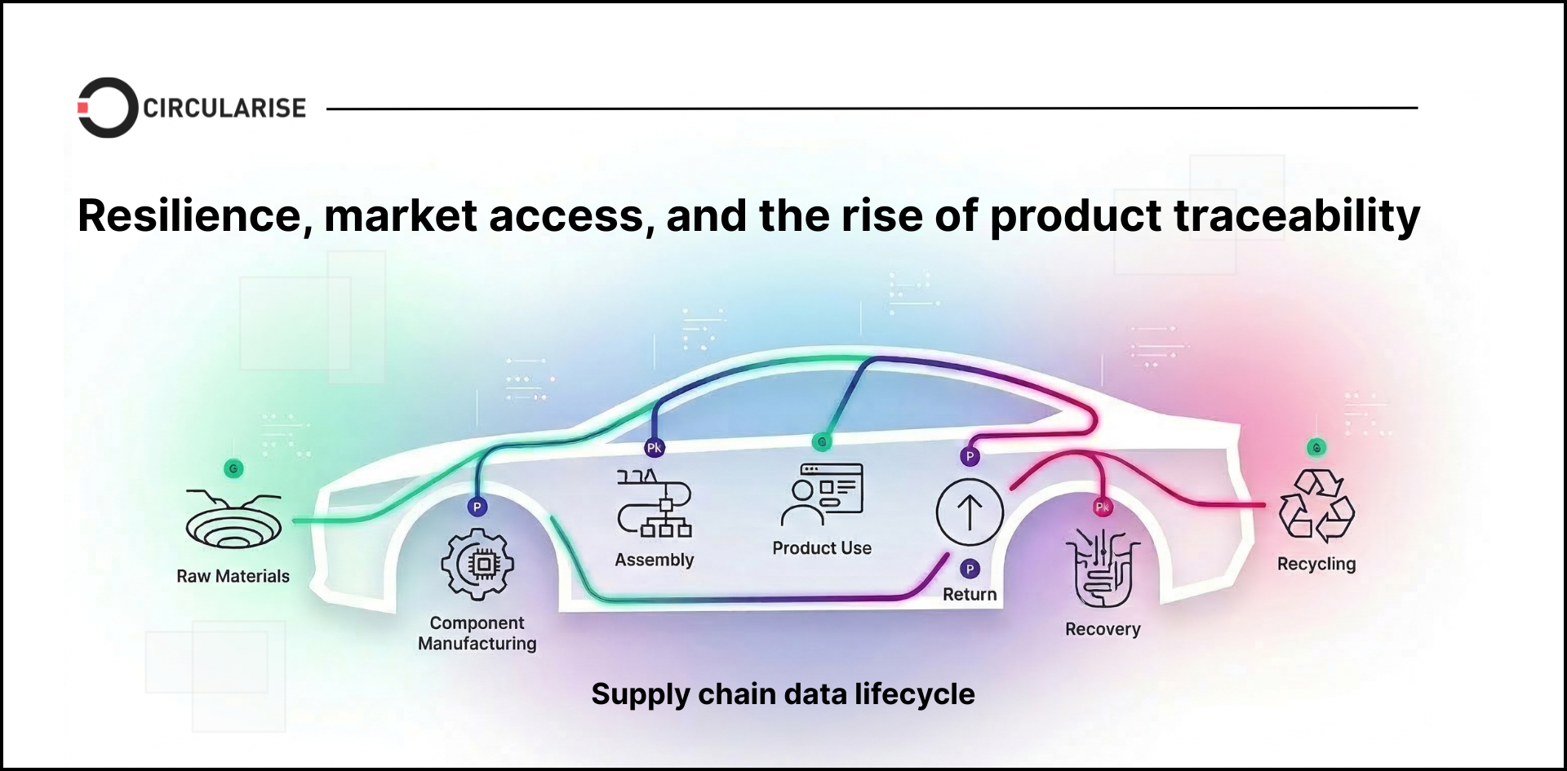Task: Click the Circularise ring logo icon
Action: [x=107, y=108]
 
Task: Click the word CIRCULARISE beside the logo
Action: [x=224, y=108]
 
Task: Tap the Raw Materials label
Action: [x=233, y=576]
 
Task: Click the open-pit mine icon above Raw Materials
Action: [x=233, y=519]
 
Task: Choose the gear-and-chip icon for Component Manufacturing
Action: [x=477, y=564]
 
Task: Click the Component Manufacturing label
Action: [x=477, y=633]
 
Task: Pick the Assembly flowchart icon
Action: [x=655, y=503]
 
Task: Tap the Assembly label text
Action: [x=655, y=560]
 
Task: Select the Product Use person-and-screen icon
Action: [x=822, y=494]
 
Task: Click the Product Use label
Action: [x=822, y=548]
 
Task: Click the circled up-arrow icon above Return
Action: [x=970, y=512]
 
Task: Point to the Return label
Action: [x=970, y=594]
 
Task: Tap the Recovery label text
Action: [x=1103, y=629]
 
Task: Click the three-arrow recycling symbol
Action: [x=1316, y=506]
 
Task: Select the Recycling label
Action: [x=1316, y=564]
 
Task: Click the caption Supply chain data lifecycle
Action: [x=783, y=694]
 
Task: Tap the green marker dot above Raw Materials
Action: [x=233, y=469]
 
